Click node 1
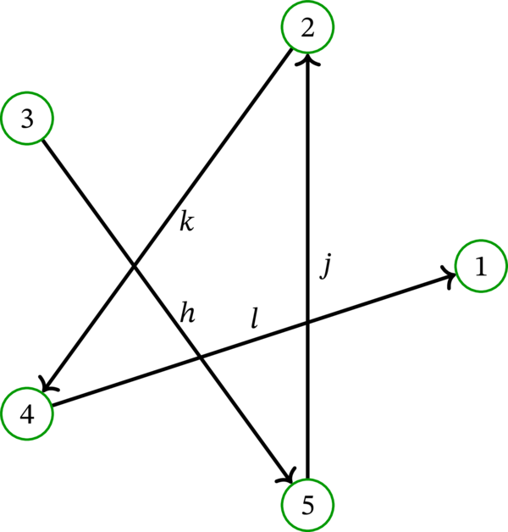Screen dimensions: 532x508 coord(481,268)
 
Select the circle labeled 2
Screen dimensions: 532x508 coord(307,28)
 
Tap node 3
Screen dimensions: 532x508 coord(26,119)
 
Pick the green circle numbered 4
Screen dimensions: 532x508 coord(27,414)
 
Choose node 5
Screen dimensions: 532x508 coord(307,506)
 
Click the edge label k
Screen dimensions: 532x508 coord(188,222)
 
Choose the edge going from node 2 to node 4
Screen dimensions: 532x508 coord(229,136)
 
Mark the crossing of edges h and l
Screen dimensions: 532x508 coord(201,356)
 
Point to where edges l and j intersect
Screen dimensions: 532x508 coord(307,322)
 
